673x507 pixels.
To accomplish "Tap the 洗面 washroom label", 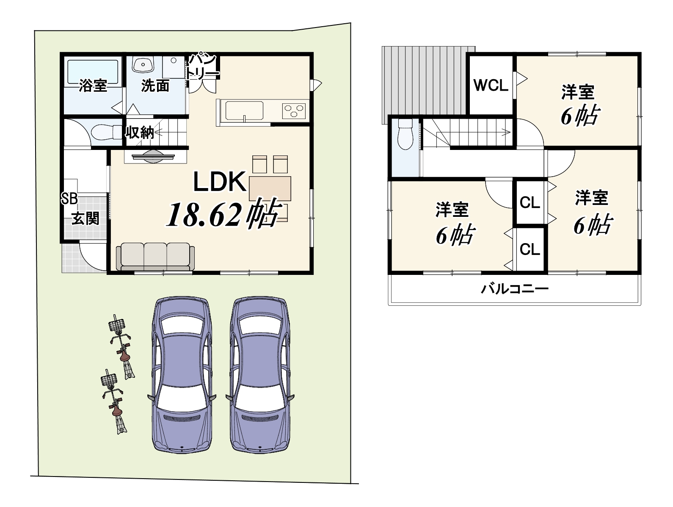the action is (x=155, y=86).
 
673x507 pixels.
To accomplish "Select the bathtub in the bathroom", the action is (x=93, y=72).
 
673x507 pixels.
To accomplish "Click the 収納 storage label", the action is (x=140, y=133).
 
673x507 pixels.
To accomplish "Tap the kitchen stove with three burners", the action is (x=294, y=111).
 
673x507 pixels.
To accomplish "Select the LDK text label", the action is (x=220, y=182).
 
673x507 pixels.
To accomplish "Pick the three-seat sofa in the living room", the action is (x=155, y=257).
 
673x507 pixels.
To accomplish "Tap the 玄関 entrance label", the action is (x=86, y=219).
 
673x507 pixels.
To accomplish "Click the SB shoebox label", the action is (x=69, y=199).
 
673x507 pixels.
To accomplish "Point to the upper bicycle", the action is (x=122, y=347).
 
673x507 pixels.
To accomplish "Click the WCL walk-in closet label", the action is (x=491, y=85).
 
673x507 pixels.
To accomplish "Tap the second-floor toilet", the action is (x=405, y=134).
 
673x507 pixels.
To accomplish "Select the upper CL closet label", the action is (x=530, y=202).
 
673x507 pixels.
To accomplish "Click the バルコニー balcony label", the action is (x=515, y=288).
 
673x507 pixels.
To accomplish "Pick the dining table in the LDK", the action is (x=270, y=188).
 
